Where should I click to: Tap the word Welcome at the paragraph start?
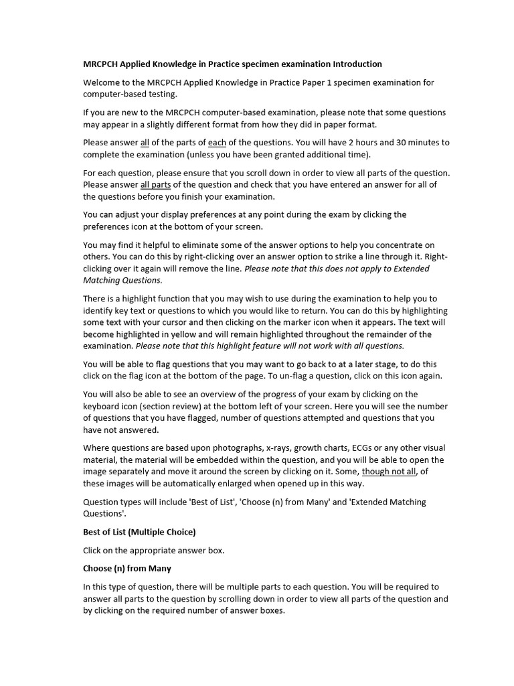click(x=101, y=82)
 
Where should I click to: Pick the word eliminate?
click(x=178, y=245)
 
